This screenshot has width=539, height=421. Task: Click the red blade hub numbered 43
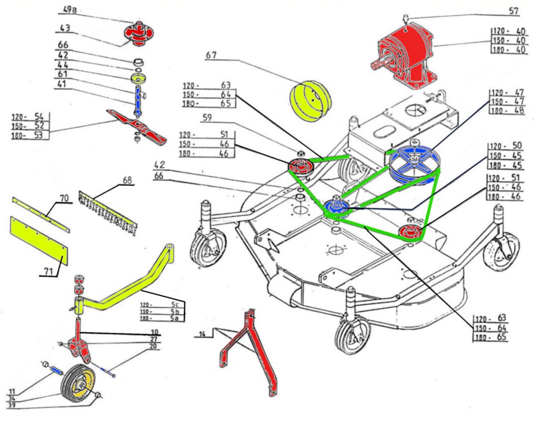point(137,35)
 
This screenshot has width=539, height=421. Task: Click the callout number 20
point(153,347)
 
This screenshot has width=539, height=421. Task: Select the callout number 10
point(154,332)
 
